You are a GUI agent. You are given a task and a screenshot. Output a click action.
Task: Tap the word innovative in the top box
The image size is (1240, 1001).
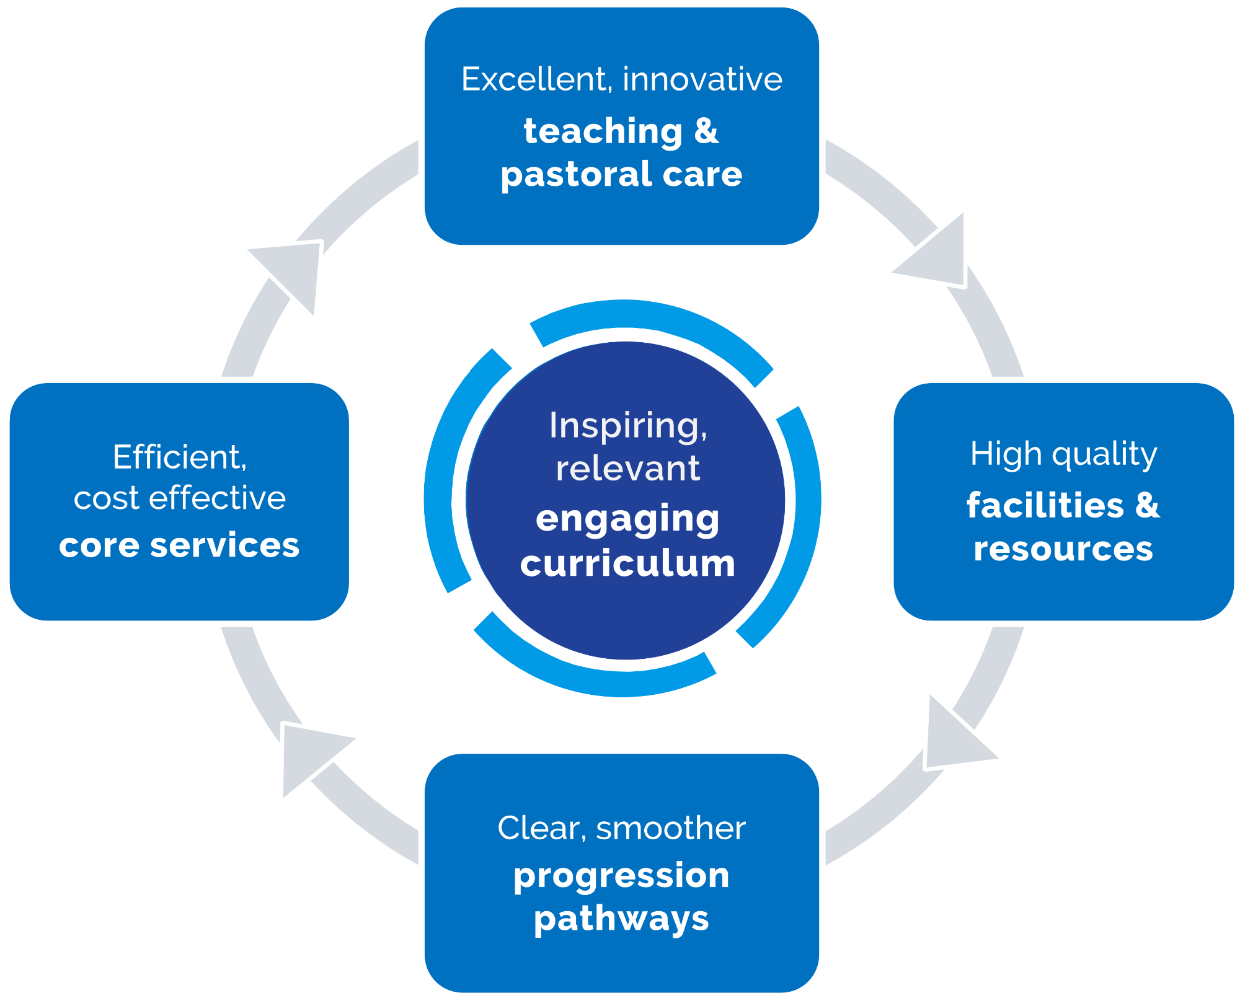tap(702, 79)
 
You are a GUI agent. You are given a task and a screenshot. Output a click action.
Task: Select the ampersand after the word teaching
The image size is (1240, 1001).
tap(706, 131)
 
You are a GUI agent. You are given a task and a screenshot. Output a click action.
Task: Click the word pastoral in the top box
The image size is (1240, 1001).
tap(575, 175)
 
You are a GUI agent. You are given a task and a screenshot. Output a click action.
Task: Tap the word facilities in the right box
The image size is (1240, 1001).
tap(1045, 505)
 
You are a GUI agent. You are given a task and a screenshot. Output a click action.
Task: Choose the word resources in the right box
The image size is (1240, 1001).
tap(1063, 549)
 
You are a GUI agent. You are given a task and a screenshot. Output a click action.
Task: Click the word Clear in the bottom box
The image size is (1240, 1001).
tap(541, 828)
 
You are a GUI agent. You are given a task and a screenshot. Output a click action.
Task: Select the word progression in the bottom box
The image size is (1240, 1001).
tap(621, 876)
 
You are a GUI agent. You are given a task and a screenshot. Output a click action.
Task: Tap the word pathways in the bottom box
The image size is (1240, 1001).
tap(621, 919)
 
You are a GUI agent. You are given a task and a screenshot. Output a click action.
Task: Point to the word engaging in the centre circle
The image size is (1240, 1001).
tap(627, 519)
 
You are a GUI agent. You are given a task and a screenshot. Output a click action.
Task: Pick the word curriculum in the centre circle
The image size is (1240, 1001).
tap(627, 564)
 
